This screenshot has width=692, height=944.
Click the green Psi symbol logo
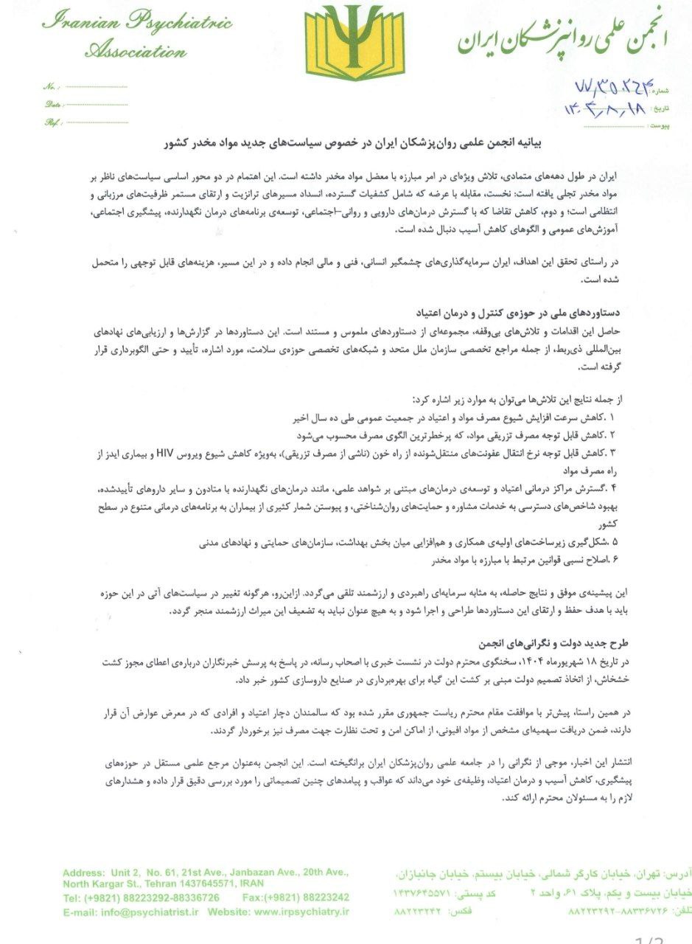[349, 43]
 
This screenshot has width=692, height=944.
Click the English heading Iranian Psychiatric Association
[136, 35]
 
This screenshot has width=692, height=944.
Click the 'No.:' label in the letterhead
[50, 86]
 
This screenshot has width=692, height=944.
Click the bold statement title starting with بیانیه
[360, 143]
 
